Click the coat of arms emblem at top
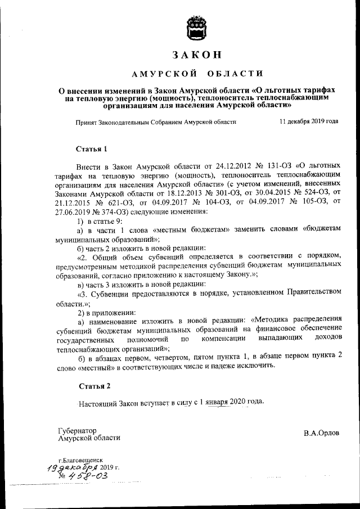[197, 28]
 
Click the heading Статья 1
[91, 149]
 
